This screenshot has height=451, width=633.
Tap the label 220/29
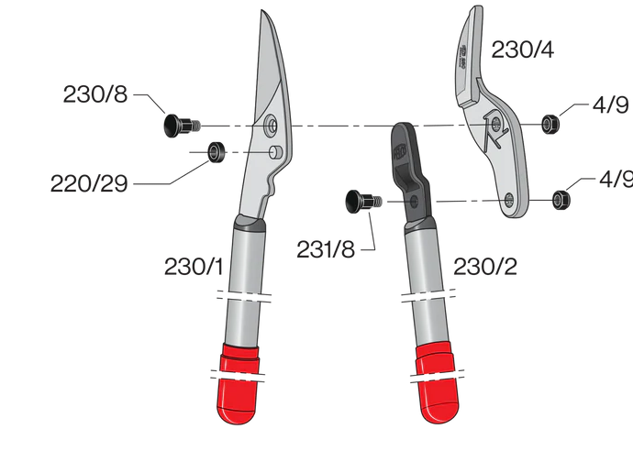[x=90, y=183]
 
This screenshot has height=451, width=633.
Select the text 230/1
[x=194, y=267]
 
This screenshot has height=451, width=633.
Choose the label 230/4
[x=523, y=49]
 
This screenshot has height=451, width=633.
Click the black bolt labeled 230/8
[x=175, y=125]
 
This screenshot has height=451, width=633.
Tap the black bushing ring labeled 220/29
[x=217, y=150]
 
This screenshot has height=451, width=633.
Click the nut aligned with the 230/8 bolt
[x=550, y=123]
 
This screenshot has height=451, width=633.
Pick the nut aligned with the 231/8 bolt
[x=559, y=198]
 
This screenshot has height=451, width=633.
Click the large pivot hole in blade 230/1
[x=272, y=124]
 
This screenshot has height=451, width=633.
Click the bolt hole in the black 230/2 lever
[x=417, y=200]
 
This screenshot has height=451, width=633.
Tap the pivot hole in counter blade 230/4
[x=494, y=123]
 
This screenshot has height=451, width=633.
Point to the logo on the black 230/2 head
[x=399, y=147]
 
